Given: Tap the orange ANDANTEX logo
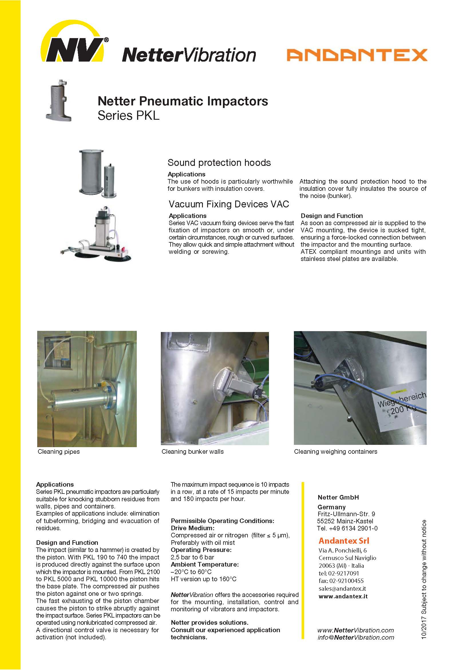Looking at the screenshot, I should pyautogui.click(x=357, y=55).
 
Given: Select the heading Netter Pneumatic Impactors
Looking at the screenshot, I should pyautogui.click(x=183, y=101).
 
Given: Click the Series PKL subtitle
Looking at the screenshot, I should pyautogui.click(x=128, y=115).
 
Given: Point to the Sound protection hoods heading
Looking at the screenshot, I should pyautogui.click(x=219, y=162).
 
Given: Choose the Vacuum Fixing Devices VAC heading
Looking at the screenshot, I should pyautogui.click(x=229, y=204).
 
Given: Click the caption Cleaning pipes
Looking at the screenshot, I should pyautogui.click(x=59, y=452).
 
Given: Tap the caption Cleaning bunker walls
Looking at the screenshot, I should pyautogui.click(x=193, y=452).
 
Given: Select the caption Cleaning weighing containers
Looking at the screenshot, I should pyautogui.click(x=335, y=452).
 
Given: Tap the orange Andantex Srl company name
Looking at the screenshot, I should pyautogui.click(x=344, y=541).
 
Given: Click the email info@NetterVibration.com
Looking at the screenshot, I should pyautogui.click(x=356, y=638).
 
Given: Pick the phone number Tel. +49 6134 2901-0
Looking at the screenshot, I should pyautogui.click(x=347, y=528).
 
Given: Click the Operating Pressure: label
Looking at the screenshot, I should pyautogui.click(x=201, y=550).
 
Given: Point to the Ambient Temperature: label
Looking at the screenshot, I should pyautogui.click(x=205, y=564).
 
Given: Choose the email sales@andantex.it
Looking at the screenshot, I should pyautogui.click(x=342, y=589).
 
